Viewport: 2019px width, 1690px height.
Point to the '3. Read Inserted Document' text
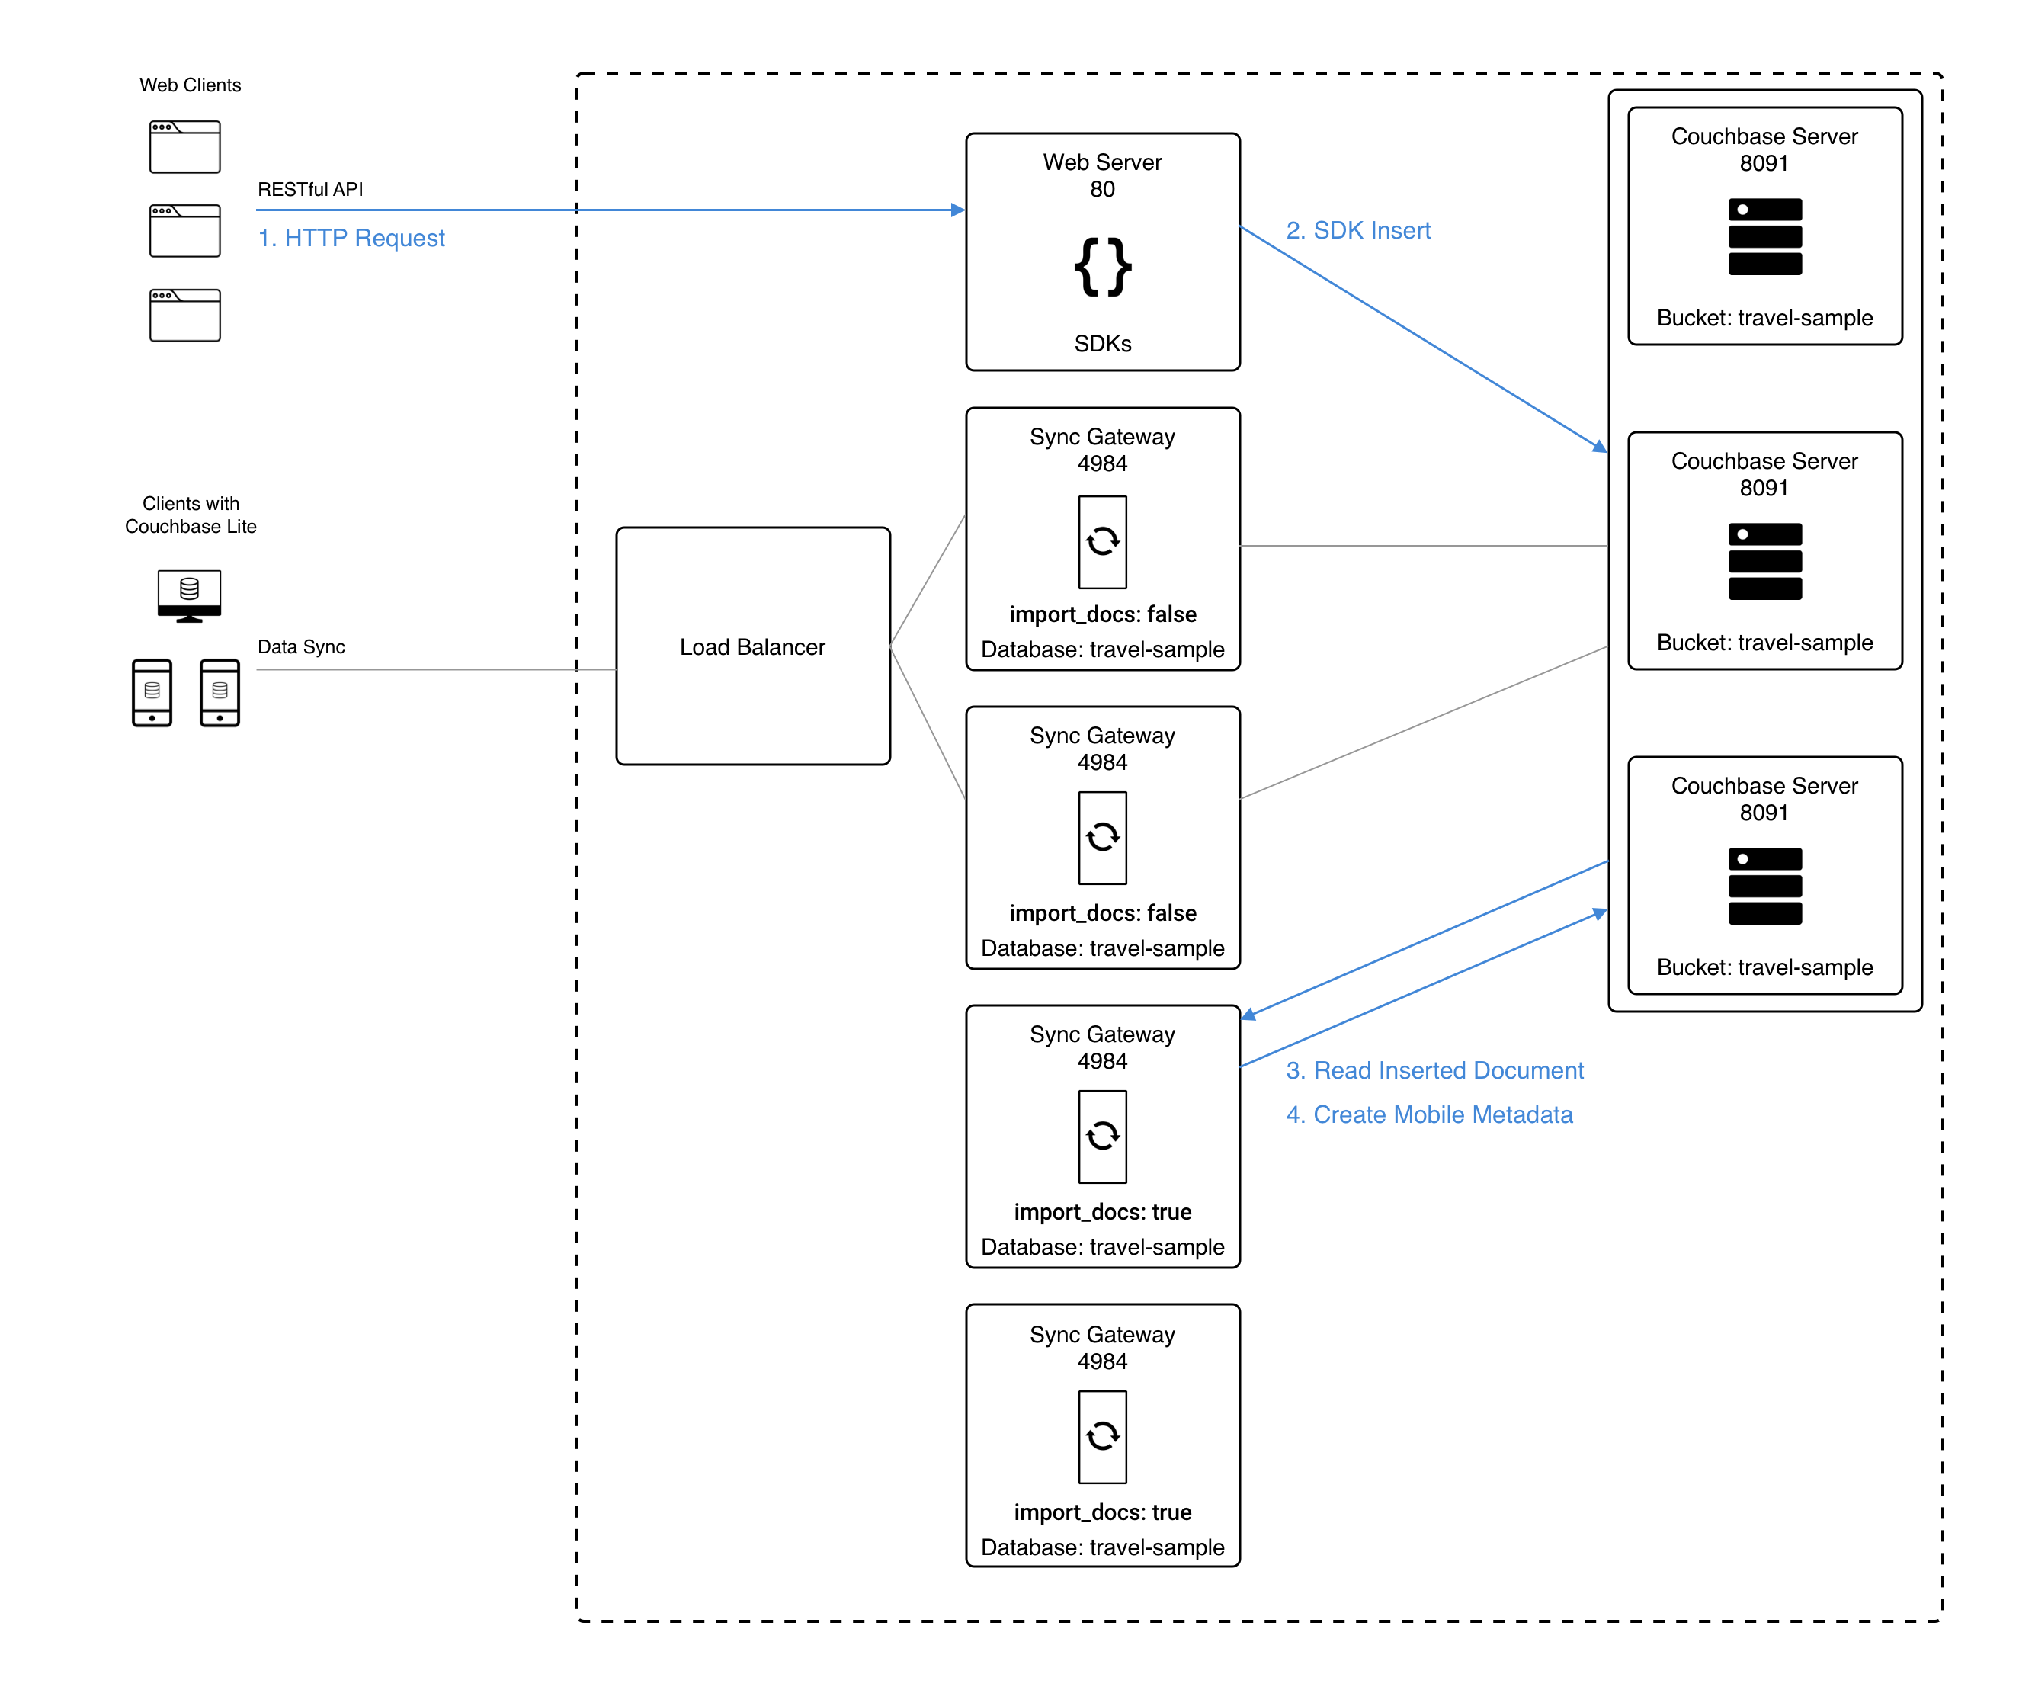pyautogui.click(x=1434, y=1070)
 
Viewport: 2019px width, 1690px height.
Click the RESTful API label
pyautogui.click(x=309, y=189)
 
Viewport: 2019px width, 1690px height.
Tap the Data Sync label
pyautogui.click(x=301, y=647)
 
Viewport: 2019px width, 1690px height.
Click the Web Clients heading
pyautogui.click(x=190, y=85)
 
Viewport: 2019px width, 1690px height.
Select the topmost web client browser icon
pyautogui.click(x=184, y=146)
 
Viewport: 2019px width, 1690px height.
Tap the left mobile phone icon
pyautogui.click(x=152, y=692)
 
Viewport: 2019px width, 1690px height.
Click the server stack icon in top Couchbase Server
pyautogui.click(x=1764, y=236)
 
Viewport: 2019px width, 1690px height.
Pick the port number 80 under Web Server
pyautogui.click(x=1102, y=189)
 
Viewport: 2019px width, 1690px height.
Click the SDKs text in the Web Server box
pyautogui.click(x=1102, y=343)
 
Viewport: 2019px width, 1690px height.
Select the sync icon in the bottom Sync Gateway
pyautogui.click(x=1102, y=1436)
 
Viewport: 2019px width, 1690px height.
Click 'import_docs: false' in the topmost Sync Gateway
pyautogui.click(x=1102, y=614)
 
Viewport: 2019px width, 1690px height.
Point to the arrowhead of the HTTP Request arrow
pyautogui.click(x=957, y=210)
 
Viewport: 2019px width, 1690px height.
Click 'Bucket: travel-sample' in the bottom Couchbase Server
pyautogui.click(x=1764, y=967)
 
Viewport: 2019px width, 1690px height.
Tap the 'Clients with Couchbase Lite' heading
pyautogui.click(x=191, y=515)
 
